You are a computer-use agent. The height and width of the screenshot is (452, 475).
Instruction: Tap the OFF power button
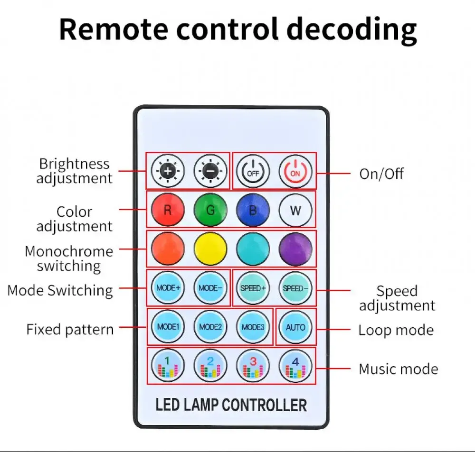pos(253,171)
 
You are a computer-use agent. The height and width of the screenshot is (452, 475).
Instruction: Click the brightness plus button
pos(168,171)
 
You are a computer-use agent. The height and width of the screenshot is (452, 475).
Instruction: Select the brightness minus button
pos(210,171)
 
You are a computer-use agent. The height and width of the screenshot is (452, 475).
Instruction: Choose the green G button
pos(210,210)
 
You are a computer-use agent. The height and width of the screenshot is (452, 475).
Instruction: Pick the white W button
pos(295,210)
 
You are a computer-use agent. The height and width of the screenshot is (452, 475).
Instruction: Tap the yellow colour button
pos(210,249)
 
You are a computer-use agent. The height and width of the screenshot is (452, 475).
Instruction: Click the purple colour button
pos(295,249)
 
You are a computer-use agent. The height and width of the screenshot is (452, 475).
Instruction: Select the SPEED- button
pos(295,288)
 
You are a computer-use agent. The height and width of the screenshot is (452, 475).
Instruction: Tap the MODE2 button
pos(210,327)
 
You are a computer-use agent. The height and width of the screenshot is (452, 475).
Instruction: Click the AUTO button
pos(295,327)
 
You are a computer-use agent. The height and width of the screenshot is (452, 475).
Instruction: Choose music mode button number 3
pos(253,366)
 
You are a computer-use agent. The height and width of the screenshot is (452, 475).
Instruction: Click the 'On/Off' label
pos(381,174)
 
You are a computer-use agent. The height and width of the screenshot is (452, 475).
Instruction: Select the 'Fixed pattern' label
pos(70,330)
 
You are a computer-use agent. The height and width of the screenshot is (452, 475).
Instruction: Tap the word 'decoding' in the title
pos(351,30)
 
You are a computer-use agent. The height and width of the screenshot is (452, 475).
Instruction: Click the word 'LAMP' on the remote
pos(201,405)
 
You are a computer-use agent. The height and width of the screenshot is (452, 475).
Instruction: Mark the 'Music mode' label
pos(399,369)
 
